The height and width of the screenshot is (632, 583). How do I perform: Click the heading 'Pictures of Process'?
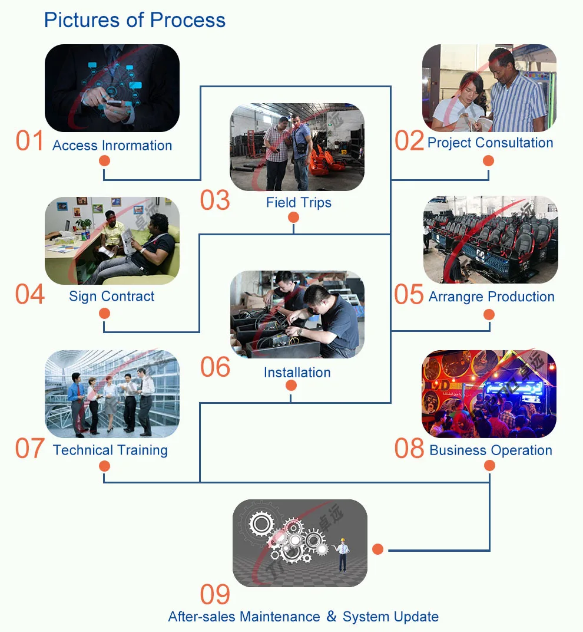pyautogui.click(x=135, y=20)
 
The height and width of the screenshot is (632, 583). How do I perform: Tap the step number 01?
pyautogui.click(x=30, y=142)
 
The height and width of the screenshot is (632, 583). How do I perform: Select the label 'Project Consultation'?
pyautogui.click(x=490, y=143)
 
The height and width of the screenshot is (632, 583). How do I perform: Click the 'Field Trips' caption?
pyautogui.click(x=299, y=203)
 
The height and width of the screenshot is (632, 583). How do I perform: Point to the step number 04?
pyautogui.click(x=30, y=295)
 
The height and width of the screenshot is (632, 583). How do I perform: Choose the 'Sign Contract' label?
pyautogui.click(x=112, y=297)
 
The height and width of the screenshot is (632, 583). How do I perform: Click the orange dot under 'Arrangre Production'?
pyautogui.click(x=488, y=314)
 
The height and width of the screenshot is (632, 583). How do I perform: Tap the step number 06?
pyautogui.click(x=215, y=367)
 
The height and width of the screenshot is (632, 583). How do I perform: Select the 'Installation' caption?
pyautogui.click(x=297, y=373)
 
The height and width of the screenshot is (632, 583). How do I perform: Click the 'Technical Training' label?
pyautogui.click(x=110, y=450)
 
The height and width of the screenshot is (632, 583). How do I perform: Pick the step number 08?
pyautogui.click(x=409, y=449)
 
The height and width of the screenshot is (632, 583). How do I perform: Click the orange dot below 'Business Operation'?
pyautogui.click(x=489, y=466)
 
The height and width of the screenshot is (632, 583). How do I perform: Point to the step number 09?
pyautogui.click(x=215, y=595)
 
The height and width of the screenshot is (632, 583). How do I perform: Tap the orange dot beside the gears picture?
pyautogui.click(x=378, y=549)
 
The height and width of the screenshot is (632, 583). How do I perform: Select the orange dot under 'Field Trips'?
pyautogui.click(x=293, y=218)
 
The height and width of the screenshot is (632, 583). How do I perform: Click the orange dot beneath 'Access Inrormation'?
pyautogui.click(x=105, y=161)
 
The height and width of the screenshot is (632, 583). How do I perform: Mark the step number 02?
pyautogui.click(x=409, y=142)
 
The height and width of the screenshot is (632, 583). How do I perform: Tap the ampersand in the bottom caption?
pyautogui.click(x=332, y=617)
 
